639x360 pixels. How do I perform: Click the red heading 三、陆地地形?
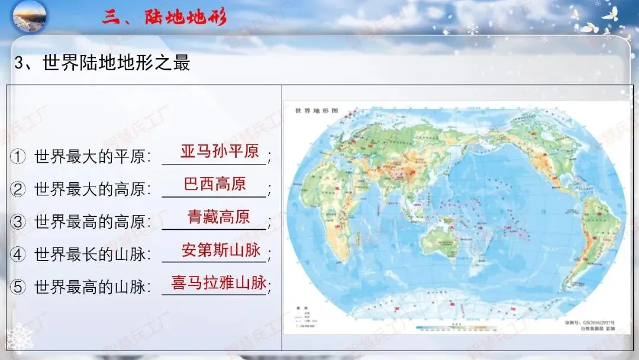click(x=164, y=17)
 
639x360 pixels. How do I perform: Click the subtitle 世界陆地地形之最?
click(x=116, y=63)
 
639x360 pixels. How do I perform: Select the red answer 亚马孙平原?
click(x=220, y=151)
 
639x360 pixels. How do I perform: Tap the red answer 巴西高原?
click(x=215, y=184)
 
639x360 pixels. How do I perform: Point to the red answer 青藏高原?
click(x=218, y=217)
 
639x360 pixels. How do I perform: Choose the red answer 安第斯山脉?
click(x=221, y=249)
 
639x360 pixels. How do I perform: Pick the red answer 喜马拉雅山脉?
click(x=219, y=282)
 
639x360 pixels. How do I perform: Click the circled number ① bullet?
click(x=18, y=157)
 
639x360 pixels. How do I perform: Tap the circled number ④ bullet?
click(x=18, y=255)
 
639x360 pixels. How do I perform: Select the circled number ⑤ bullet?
click(x=18, y=288)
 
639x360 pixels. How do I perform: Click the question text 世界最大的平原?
click(x=89, y=157)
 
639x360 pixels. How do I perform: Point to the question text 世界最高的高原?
click(x=89, y=222)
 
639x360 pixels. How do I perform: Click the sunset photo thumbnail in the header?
click(x=30, y=17)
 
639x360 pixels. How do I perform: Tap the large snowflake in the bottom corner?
click(x=18, y=339)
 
